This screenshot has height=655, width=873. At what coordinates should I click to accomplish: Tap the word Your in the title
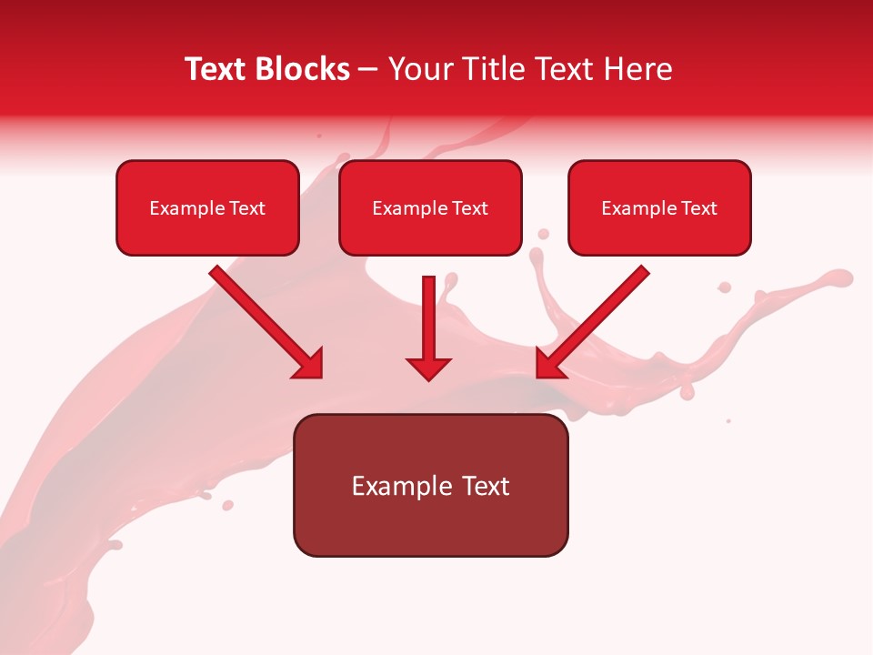click(421, 69)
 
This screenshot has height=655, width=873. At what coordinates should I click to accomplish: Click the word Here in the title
click(640, 69)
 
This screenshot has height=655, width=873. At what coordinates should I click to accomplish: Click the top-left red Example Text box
click(207, 208)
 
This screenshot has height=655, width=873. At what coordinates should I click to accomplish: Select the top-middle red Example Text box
click(430, 208)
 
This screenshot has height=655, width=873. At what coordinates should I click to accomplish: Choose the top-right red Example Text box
click(659, 208)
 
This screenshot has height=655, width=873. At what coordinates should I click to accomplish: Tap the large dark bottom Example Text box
click(430, 486)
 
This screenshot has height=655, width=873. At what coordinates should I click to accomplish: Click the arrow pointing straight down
click(428, 323)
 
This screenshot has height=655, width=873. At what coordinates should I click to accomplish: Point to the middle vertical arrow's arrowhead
click(428, 368)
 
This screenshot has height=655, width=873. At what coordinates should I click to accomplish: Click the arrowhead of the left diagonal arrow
click(310, 364)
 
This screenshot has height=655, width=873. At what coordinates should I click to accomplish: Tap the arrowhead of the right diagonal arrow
click(548, 364)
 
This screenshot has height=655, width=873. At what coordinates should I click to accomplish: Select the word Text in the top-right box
click(699, 208)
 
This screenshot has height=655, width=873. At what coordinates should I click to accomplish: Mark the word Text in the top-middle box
click(470, 208)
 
